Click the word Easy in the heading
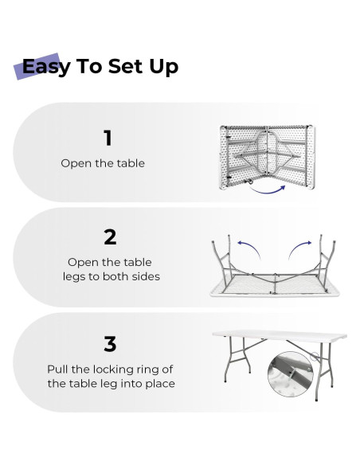point(46,67)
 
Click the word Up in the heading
point(164,68)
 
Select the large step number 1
point(108,138)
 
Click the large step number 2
point(110,237)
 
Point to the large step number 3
point(110,344)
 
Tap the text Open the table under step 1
point(103,163)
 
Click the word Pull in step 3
point(58,369)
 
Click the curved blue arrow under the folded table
point(268,192)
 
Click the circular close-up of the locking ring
point(291,373)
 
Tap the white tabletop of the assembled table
point(280,336)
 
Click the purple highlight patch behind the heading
point(37,66)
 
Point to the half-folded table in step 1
point(268,157)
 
